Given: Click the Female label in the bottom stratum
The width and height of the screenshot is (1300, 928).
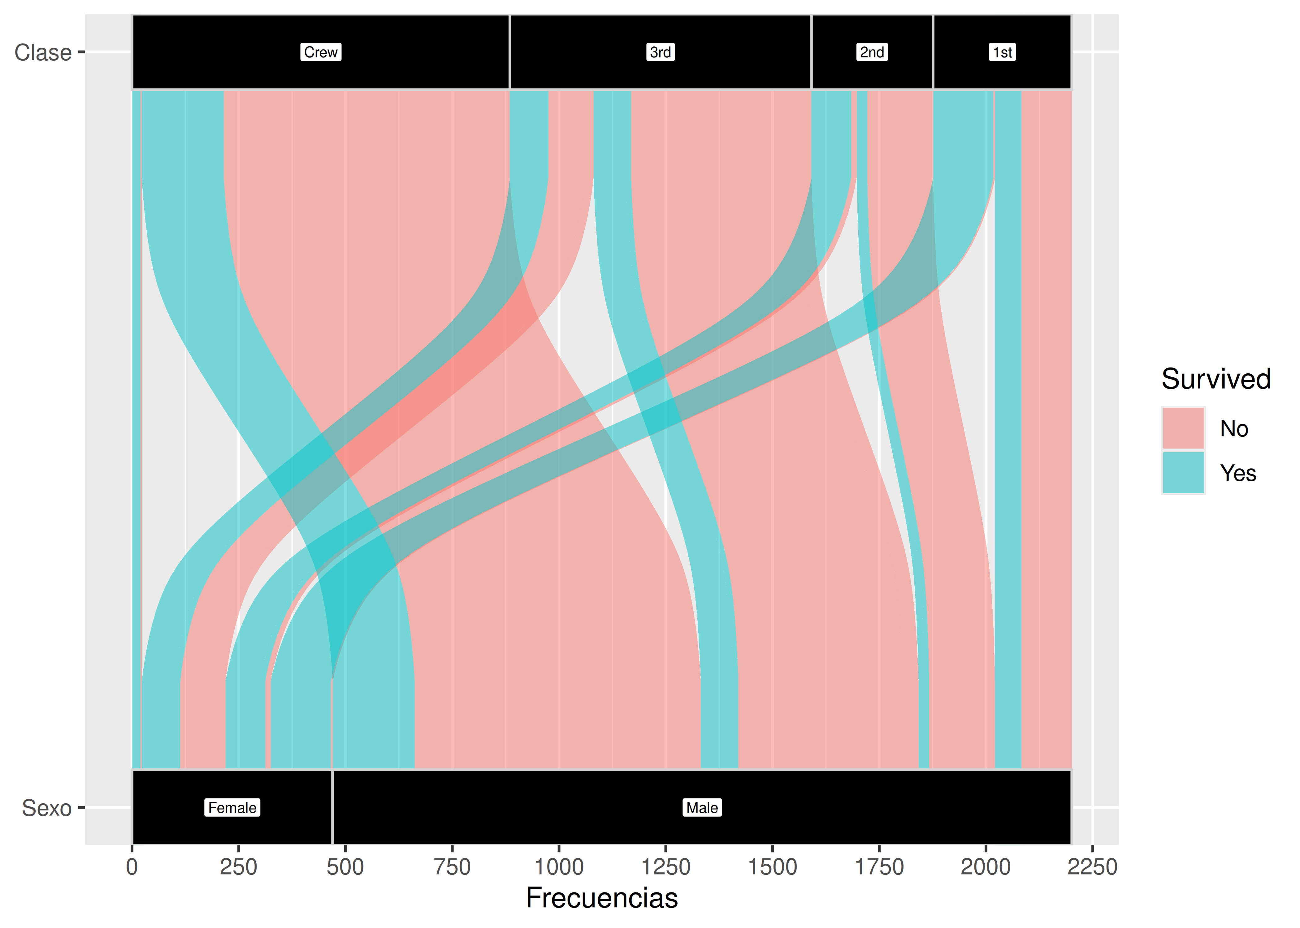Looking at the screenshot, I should (x=232, y=807).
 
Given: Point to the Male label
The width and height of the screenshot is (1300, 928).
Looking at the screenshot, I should (x=702, y=807).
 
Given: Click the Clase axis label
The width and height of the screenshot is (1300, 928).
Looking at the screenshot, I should (x=43, y=53).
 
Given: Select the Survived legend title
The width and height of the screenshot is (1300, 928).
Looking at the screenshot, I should (x=1216, y=379).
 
